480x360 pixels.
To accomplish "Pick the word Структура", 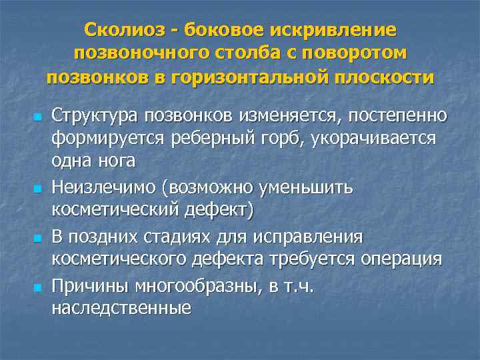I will (93, 116).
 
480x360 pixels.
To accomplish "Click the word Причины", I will (89, 285).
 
